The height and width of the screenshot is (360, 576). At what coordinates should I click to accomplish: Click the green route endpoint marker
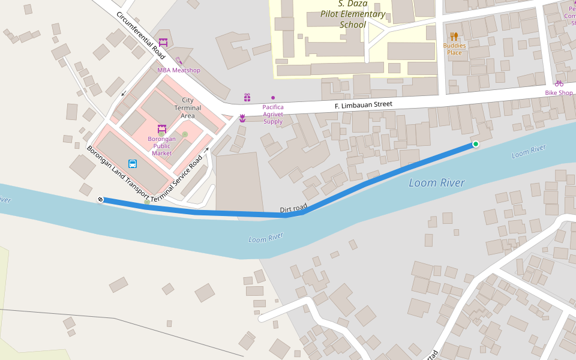[476, 144]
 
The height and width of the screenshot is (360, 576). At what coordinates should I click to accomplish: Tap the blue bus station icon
[132, 163]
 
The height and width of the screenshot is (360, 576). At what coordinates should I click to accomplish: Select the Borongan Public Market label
[161, 146]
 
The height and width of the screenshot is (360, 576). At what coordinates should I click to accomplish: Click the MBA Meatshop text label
[179, 70]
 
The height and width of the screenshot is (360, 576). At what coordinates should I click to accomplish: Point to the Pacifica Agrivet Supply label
[273, 114]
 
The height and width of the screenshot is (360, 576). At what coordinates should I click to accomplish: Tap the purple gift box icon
[247, 97]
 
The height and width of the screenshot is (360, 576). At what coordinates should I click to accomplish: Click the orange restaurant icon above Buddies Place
[454, 37]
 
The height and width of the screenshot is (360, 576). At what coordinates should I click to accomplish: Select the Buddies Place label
[454, 49]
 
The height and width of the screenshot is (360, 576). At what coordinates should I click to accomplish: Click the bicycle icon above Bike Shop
[559, 83]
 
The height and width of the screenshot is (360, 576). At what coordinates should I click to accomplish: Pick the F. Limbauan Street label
[363, 105]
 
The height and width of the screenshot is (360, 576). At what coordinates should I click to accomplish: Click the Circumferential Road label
[141, 35]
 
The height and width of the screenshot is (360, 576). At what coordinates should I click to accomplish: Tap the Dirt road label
[293, 208]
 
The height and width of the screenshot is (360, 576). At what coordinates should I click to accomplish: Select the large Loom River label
[437, 183]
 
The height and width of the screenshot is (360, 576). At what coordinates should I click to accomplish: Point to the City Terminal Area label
[188, 108]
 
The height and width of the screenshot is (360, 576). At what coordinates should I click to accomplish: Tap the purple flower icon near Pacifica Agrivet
[242, 118]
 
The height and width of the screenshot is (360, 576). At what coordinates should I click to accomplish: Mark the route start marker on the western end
[100, 200]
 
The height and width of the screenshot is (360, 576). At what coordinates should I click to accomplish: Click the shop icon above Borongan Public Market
[161, 128]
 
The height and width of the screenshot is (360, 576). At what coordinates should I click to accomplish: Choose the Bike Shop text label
[559, 93]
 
